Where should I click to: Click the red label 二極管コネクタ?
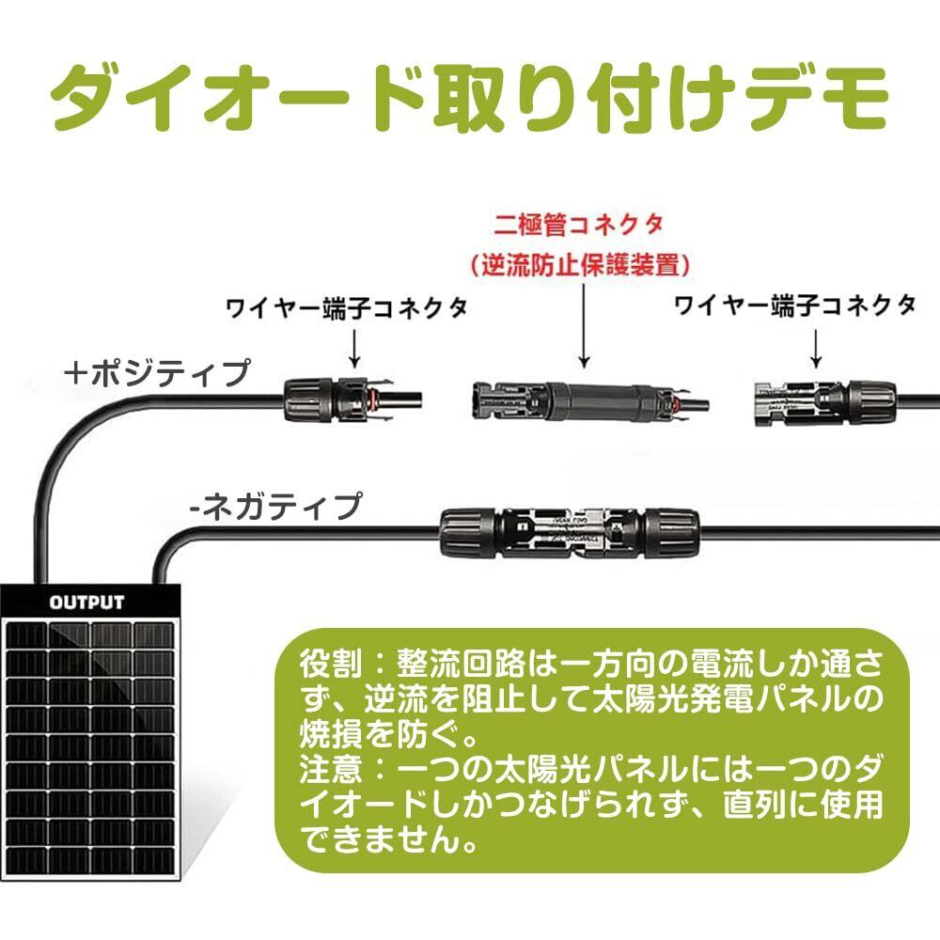pos(580,226)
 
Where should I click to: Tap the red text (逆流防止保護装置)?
pos(580,265)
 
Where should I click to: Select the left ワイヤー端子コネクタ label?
pos(347,308)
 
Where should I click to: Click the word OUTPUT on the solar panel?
pos(86,603)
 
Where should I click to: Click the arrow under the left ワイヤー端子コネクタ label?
pos(355,350)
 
